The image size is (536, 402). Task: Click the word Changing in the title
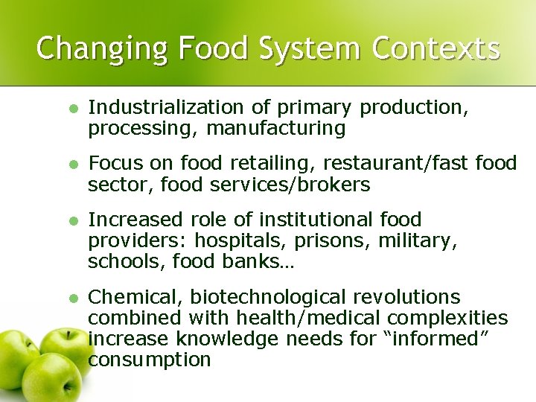pos(89,48)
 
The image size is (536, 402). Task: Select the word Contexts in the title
pos(436,48)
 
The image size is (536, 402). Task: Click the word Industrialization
pos(164,108)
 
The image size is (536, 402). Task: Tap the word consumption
pos(150,360)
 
